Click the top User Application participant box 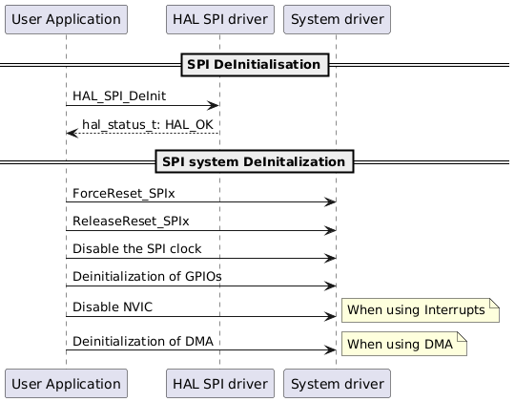point(66,18)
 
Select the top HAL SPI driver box point(219,18)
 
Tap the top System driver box point(335,18)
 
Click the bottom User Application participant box point(66,384)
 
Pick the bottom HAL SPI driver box point(219,384)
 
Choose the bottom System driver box point(335,384)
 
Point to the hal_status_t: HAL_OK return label point(148,125)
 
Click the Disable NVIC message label point(112,307)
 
